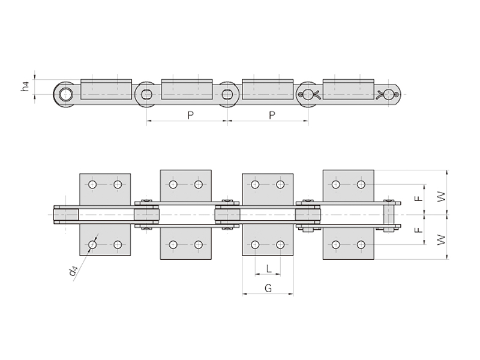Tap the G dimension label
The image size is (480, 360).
[x=268, y=288]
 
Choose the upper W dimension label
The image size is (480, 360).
[x=442, y=197]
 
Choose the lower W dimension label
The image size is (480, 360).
[x=442, y=240]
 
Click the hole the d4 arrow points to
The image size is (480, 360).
[x=92, y=244]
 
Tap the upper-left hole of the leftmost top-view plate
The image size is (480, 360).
[x=92, y=184]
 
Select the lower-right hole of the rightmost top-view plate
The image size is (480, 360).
[x=361, y=244]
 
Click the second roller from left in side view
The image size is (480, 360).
[x=145, y=94]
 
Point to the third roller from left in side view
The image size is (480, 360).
[x=227, y=94]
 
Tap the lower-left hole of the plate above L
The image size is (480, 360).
[x=255, y=244]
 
